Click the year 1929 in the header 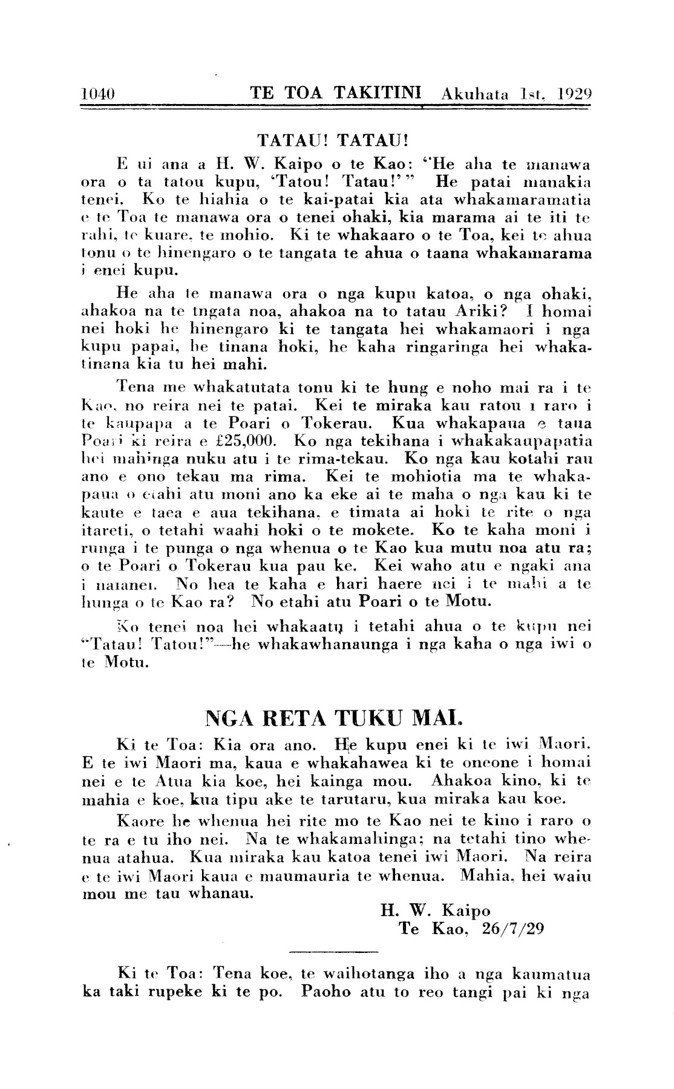(x=574, y=94)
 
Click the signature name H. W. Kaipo (x=435, y=910)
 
